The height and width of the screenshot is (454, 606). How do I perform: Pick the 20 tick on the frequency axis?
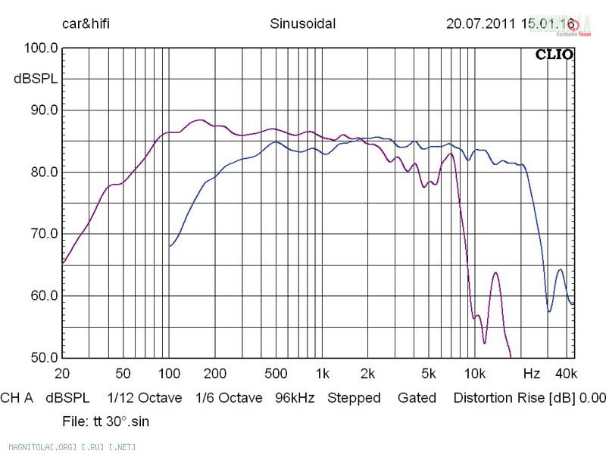pyautogui.click(x=62, y=374)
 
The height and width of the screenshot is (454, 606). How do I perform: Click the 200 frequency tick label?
pyautogui.click(x=215, y=374)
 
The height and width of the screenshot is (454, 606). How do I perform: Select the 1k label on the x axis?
pyautogui.click(x=322, y=374)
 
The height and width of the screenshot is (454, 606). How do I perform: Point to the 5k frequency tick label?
pyautogui.click(x=429, y=374)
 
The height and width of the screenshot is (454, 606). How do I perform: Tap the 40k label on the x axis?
pyautogui.click(x=566, y=374)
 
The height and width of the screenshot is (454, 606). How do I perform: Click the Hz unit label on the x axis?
pyautogui.click(x=531, y=374)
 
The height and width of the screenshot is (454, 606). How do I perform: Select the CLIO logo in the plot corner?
pyautogui.click(x=554, y=54)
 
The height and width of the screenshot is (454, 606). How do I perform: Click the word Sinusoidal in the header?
pyautogui.click(x=303, y=23)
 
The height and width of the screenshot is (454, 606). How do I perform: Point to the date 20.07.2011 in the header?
pyautogui.click(x=480, y=23)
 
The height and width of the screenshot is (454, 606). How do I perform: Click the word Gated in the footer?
pyautogui.click(x=417, y=398)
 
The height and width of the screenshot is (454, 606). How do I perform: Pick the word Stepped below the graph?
pyautogui.click(x=354, y=398)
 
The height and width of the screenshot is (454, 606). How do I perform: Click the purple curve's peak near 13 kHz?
pyautogui.click(x=495, y=272)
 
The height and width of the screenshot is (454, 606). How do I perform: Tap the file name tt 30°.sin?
pyautogui.click(x=114, y=421)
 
